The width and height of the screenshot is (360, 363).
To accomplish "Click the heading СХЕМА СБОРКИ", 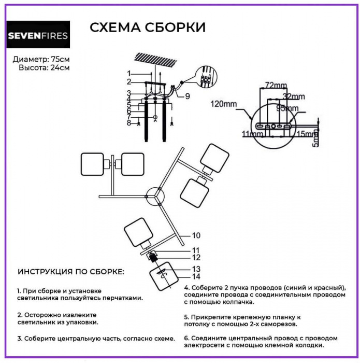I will pyautogui.click(x=147, y=27).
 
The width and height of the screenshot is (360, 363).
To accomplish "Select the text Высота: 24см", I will pyautogui.click(x=44, y=67).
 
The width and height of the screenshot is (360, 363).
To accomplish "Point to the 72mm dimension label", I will pyautogui.click(x=276, y=85).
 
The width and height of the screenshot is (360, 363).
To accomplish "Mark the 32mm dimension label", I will pyautogui.click(x=295, y=96).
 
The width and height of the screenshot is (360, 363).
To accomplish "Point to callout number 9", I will pyautogui.click(x=187, y=95).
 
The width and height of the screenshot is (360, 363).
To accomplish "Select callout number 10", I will pyautogui.click(x=196, y=235).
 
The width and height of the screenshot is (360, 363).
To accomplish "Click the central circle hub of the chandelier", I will pyautogui.click(x=155, y=197).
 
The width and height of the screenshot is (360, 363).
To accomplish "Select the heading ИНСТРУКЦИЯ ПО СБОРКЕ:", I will pyautogui.click(x=71, y=272).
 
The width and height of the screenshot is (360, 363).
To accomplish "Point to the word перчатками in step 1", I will pyautogui.click(x=121, y=298).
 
